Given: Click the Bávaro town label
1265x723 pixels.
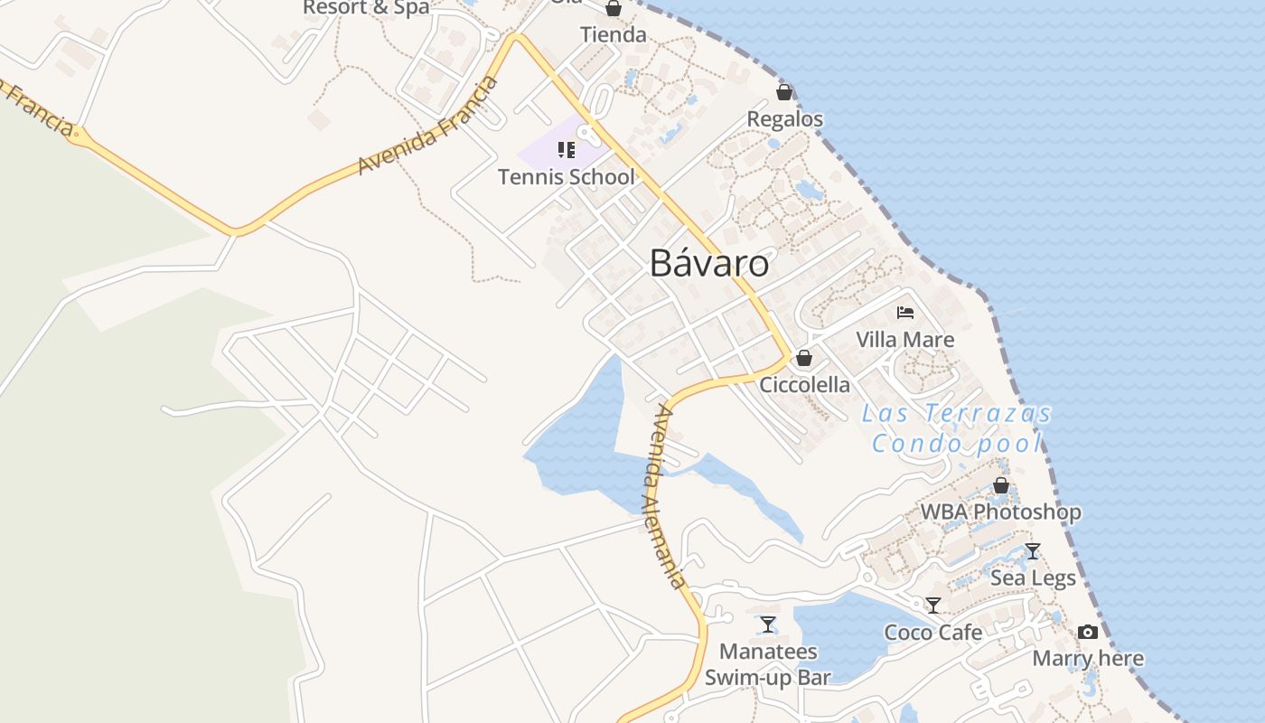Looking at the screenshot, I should point(709,263).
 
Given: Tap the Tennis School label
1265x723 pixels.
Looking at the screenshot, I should point(567,177).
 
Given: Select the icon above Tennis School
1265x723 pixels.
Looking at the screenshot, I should point(567,149).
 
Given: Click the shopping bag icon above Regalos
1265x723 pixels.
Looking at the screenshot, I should point(784,92).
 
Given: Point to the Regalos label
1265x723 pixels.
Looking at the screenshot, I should point(784,119).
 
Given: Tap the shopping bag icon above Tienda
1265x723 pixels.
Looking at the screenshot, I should point(614,9).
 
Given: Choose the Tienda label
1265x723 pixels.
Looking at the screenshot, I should point(614,35).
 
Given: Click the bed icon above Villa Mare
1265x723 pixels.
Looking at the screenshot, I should point(905,313).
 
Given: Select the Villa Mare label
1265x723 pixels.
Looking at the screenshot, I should point(905,340).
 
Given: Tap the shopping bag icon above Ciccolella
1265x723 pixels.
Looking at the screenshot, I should point(804,358).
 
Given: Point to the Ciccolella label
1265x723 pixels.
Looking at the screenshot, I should point(804,385).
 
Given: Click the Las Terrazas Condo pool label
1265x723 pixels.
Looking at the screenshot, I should point(957,428).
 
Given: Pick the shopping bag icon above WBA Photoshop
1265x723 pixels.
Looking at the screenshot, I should point(1000,485).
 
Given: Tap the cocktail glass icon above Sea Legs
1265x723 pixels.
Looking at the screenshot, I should point(1033,550).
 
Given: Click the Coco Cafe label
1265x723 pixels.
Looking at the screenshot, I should point(932,632).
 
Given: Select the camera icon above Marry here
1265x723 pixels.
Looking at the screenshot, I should point(1088,632).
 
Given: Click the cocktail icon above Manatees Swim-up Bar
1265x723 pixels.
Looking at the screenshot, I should point(767,624).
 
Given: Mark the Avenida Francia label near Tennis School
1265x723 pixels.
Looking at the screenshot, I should point(428,126).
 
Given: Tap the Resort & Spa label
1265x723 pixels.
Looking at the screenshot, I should point(366,7).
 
